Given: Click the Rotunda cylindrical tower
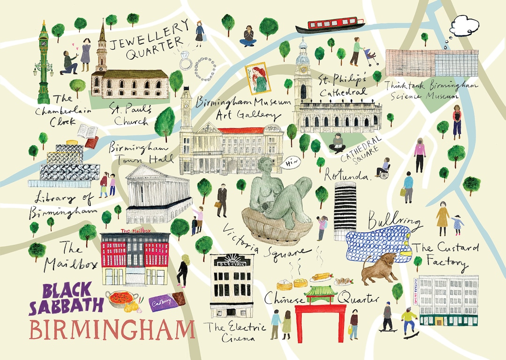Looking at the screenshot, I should pos(345,211).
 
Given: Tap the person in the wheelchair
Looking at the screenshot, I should pos(383,168).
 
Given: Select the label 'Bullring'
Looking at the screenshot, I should pos(388,220).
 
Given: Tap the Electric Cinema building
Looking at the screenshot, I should pos(231,286).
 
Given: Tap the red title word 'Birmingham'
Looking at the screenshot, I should pos(112,330).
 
